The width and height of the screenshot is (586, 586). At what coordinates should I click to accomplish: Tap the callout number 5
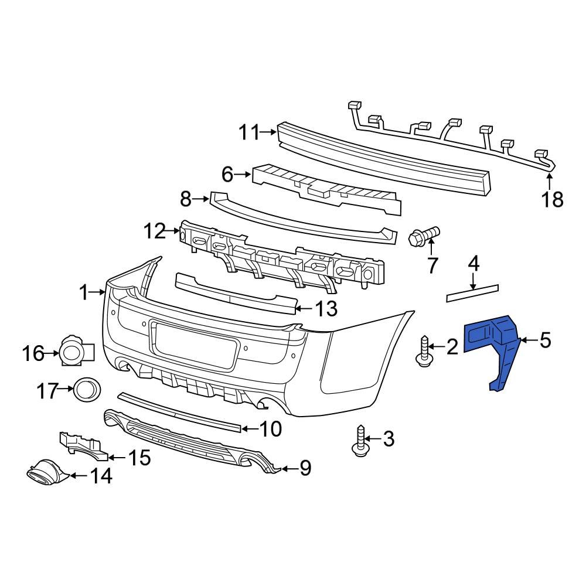[545, 340]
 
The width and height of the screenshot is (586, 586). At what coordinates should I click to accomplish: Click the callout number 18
[551, 199]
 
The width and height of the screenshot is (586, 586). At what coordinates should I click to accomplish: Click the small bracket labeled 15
[82, 445]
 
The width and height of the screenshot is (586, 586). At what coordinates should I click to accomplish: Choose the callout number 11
[248, 133]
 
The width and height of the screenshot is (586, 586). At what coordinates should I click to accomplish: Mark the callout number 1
[83, 291]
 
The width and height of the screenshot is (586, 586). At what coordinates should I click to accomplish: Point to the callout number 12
[155, 232]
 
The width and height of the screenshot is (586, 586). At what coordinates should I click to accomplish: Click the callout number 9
[305, 468]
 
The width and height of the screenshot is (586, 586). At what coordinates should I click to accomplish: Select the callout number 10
[270, 430]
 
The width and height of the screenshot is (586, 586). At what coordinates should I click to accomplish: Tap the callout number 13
[326, 308]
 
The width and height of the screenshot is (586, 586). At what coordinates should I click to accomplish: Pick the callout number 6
[227, 174]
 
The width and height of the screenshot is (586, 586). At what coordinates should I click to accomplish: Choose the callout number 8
[186, 200]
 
